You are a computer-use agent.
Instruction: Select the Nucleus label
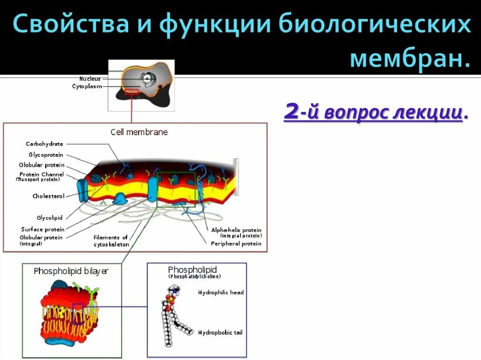coord(90,79)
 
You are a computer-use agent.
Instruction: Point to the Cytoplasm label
coord(86,86)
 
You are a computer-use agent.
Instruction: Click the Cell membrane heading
coord(139,132)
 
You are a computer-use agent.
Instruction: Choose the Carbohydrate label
coord(44,144)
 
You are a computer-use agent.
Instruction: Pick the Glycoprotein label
coord(46,155)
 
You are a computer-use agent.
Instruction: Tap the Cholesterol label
coord(48,196)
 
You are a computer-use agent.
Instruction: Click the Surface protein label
coord(42,230)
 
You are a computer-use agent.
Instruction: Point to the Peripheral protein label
coord(236,244)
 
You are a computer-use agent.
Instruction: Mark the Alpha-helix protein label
coord(236,230)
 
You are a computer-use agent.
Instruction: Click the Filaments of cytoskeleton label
coord(111,241)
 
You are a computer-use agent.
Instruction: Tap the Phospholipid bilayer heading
coord(71,271)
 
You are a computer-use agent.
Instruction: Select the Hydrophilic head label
coord(221,292)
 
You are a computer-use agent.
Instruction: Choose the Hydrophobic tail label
coord(220,333)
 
